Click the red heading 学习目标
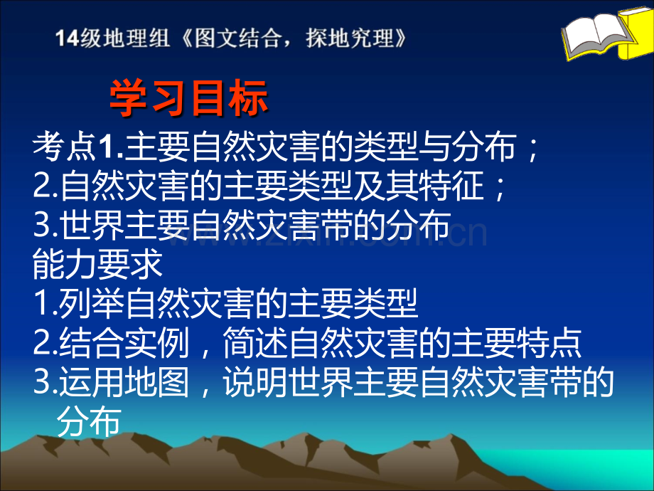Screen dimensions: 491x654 coord(188,99)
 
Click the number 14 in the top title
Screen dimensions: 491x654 coord(68,38)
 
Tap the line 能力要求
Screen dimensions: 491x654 coord(98,265)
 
